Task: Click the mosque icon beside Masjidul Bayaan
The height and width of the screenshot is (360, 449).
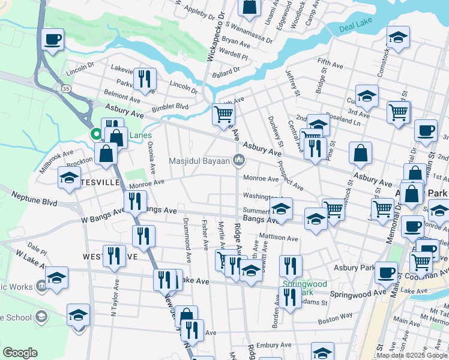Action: click(x=239, y=160)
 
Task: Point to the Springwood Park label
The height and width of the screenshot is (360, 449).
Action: click(x=298, y=287)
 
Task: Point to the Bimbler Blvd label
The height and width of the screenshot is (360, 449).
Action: click(x=170, y=106)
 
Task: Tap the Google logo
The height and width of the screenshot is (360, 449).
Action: click(x=20, y=353)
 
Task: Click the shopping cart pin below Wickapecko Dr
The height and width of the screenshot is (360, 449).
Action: click(x=223, y=113)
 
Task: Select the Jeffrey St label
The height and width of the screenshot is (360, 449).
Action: click(x=292, y=83)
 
